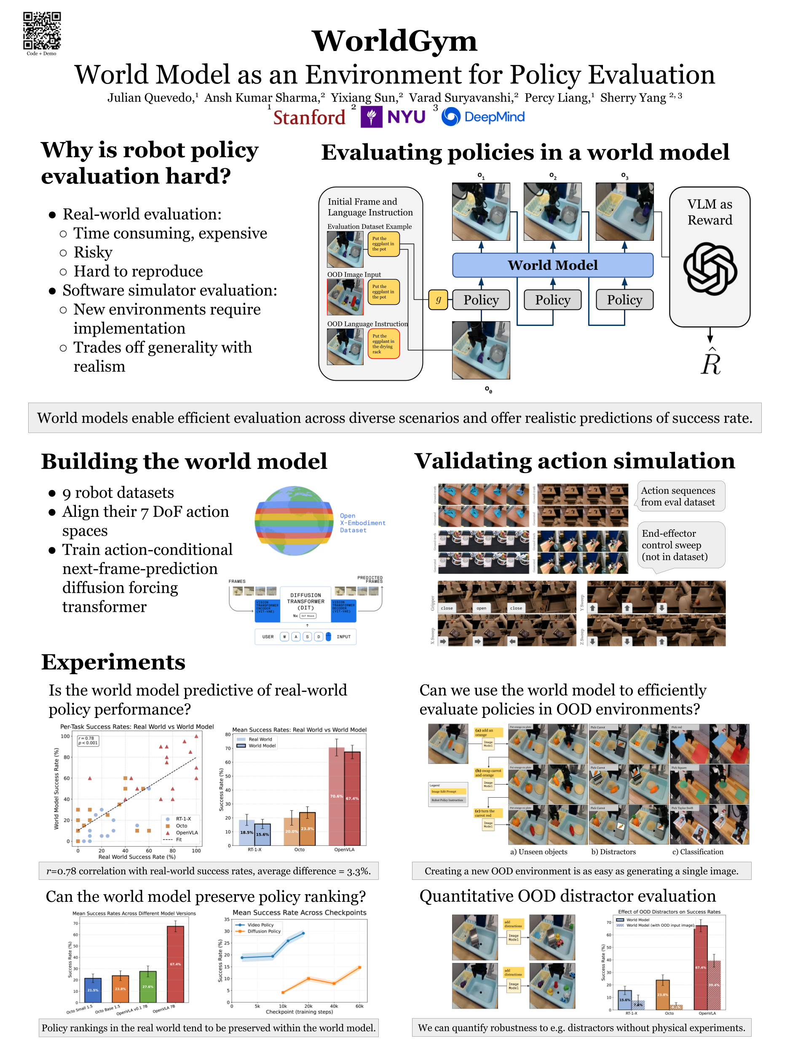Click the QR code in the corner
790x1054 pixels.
(x=42, y=30)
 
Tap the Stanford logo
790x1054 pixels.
(x=308, y=117)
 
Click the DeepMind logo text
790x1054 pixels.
(x=494, y=117)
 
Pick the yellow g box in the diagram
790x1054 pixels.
(x=438, y=300)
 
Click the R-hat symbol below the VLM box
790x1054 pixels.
(x=710, y=363)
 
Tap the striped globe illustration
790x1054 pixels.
(x=294, y=520)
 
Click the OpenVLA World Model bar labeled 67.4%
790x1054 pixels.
(x=352, y=798)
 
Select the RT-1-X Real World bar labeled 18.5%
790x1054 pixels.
(x=246, y=832)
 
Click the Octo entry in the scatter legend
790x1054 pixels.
(x=181, y=826)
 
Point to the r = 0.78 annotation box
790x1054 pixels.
(x=88, y=740)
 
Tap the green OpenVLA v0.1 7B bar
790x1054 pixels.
(x=147, y=987)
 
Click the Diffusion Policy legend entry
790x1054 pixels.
(x=264, y=931)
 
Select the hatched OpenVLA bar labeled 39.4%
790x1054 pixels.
(x=713, y=984)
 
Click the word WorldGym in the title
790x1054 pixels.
(x=394, y=41)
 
